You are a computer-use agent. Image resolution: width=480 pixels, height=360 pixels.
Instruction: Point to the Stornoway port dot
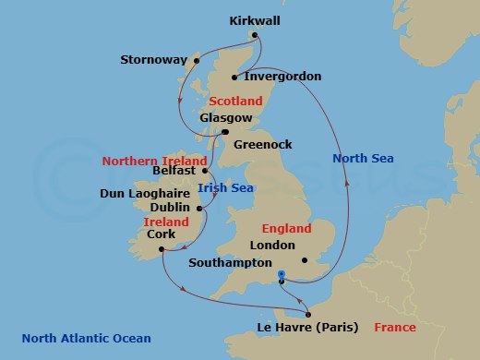pos(194,61)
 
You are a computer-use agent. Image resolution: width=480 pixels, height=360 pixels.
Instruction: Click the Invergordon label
pos(282,77)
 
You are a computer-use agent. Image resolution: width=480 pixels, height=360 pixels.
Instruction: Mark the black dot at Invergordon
pos(236,77)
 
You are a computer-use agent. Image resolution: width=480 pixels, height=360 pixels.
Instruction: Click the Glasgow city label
pos(225,118)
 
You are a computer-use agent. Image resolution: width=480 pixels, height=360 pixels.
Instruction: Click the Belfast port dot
pos(205,171)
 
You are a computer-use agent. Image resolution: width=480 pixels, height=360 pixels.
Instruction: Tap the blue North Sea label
pos(363,159)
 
